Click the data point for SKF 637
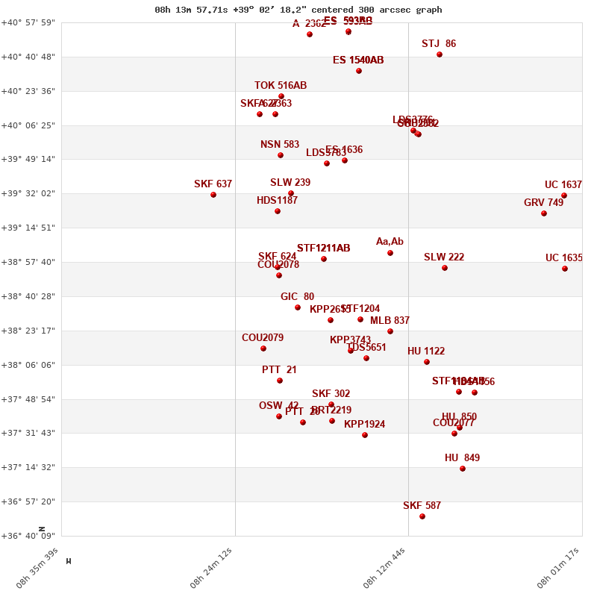(x=213, y=195)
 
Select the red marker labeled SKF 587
(x=422, y=516)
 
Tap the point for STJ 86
(x=440, y=54)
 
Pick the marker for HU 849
(x=463, y=469)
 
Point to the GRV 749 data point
(x=544, y=213)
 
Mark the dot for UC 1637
(x=564, y=196)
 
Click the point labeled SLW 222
(x=445, y=268)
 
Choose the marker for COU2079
(x=263, y=348)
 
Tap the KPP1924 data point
(x=365, y=435)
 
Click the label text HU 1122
(x=426, y=351)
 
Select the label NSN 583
(x=280, y=145)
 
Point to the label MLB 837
(x=390, y=321)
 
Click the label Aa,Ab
(x=390, y=242)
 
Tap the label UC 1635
(x=564, y=258)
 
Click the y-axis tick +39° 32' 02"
(x=31, y=193)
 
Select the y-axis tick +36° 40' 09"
(x=31, y=536)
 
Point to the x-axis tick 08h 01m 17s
(x=559, y=569)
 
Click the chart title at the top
(x=298, y=10)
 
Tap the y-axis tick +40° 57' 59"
(x=31, y=22)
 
